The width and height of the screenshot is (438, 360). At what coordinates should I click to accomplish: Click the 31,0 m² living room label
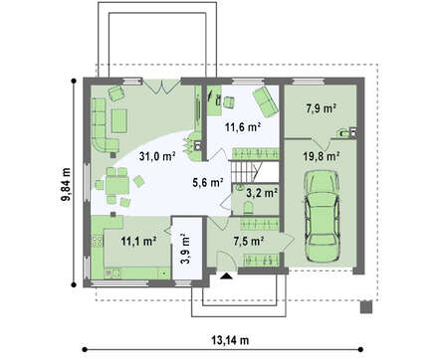pyautogui.click(x=157, y=156)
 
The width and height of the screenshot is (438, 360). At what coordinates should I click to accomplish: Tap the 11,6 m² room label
pyautogui.click(x=242, y=127)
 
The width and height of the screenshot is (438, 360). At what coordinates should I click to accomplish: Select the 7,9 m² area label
pyautogui.click(x=321, y=108)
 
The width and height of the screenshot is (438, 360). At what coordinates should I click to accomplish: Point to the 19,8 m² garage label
pyautogui.click(x=322, y=156)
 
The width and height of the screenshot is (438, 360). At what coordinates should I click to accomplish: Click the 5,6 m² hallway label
pyautogui.click(x=207, y=182)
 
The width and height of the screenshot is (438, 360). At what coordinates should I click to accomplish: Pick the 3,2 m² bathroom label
pyautogui.click(x=262, y=193)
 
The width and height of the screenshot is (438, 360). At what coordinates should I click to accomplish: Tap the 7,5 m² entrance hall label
pyautogui.click(x=249, y=242)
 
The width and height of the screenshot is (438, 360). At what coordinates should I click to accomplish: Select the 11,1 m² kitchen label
pyautogui.click(x=138, y=242)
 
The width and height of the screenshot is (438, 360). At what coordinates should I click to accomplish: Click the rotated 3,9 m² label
pyautogui.click(x=186, y=249)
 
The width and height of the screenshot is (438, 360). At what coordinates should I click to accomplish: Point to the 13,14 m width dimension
pyautogui.click(x=230, y=340)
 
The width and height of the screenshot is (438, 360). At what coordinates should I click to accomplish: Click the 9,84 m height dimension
pyautogui.click(x=66, y=184)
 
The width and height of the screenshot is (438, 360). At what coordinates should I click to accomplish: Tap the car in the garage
pyautogui.click(x=322, y=217)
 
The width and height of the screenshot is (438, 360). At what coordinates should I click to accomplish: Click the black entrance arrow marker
pyautogui.click(x=227, y=275)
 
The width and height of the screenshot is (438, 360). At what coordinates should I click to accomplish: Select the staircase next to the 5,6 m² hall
pyautogui.click(x=244, y=171)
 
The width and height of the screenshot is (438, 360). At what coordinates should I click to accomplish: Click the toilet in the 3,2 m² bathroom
pyautogui.click(x=249, y=208)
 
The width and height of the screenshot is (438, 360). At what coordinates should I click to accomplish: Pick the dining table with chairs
pyautogui.click(x=117, y=188)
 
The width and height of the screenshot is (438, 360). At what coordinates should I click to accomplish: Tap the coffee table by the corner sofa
pyautogui.click(x=119, y=121)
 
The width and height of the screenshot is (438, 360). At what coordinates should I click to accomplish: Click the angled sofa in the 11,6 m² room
pyautogui.click(x=265, y=101)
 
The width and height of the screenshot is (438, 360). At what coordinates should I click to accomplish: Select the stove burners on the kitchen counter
pyautogui.click(x=98, y=241)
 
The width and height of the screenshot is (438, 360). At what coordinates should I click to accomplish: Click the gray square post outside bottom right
pyautogui.click(x=366, y=307)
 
